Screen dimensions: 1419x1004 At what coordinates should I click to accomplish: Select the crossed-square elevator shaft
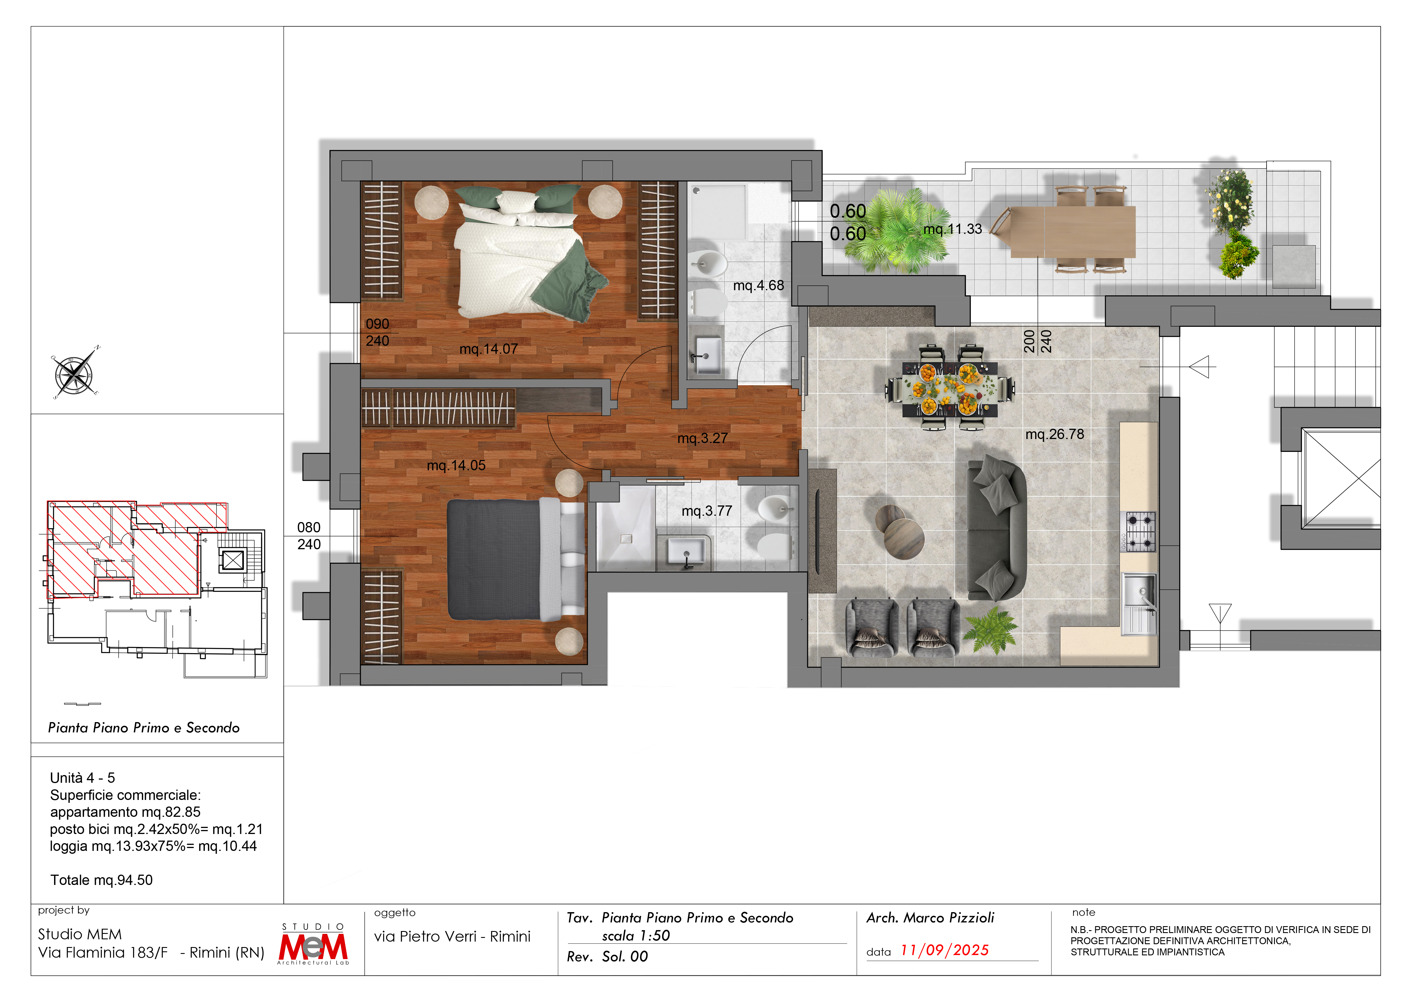point(1341,479)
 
